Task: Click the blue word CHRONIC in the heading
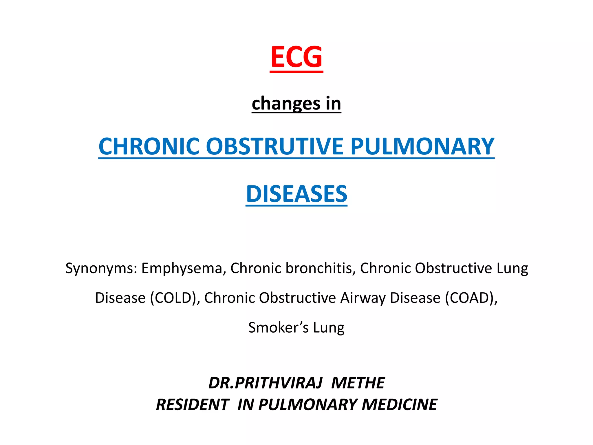point(149,146)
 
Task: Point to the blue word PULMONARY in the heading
point(422,146)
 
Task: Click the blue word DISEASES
point(296,194)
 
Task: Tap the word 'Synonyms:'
point(101,269)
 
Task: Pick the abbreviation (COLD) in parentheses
point(175,298)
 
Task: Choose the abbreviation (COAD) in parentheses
point(471,298)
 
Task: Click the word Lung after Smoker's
point(329,328)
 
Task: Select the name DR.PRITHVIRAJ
point(265,383)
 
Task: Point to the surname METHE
point(358,383)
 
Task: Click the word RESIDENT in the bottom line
point(193,405)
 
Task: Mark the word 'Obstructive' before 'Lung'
point(453,269)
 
